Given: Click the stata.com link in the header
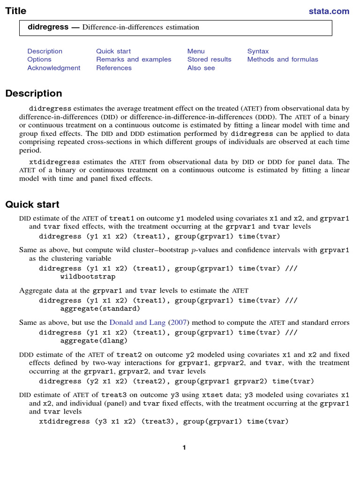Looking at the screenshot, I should click(x=329, y=11).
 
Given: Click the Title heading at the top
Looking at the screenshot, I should click(x=16, y=11).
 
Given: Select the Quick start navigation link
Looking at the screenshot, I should click(x=113, y=51).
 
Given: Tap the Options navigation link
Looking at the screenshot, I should click(x=39, y=60).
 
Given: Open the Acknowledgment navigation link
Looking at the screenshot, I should click(x=53, y=68).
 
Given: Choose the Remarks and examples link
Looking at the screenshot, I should click(x=134, y=60).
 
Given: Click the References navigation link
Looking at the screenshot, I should click(x=114, y=68).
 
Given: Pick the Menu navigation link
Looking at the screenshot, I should click(x=196, y=51).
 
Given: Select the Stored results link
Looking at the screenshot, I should click(x=209, y=60).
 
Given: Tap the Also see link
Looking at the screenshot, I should click(x=201, y=68).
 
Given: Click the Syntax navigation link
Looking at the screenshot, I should click(x=258, y=51).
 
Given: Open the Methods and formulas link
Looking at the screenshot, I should click(x=283, y=60).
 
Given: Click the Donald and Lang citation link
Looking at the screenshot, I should click(x=137, y=322).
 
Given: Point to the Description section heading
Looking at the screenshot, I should click(x=34, y=93).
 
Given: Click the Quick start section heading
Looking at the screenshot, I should click(x=32, y=204).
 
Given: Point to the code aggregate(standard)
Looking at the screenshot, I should click(x=100, y=309).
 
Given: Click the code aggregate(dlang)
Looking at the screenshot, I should click(x=94, y=341).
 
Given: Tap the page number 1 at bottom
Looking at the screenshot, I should click(x=184, y=448).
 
